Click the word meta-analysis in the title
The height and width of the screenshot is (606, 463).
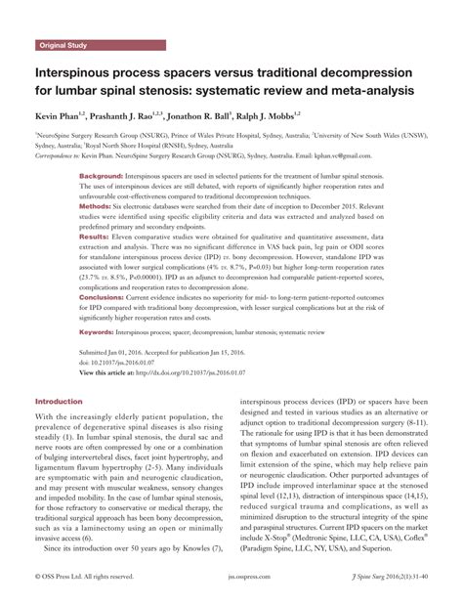tap(370, 91)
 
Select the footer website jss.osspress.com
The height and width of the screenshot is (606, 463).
tap(231, 589)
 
